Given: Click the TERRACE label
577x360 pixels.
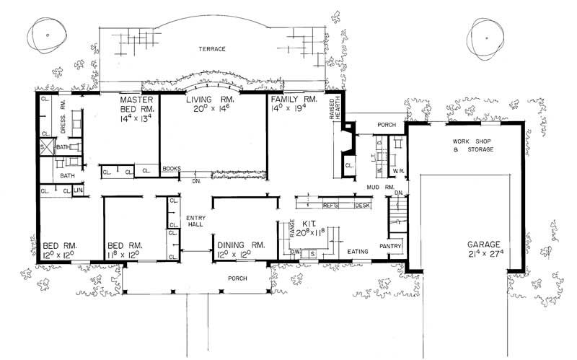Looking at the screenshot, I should (x=214, y=49).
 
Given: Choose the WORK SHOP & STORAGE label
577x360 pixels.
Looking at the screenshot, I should (x=472, y=145).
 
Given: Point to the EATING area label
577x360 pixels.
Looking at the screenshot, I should (x=358, y=251).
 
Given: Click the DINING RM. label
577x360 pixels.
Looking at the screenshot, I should (x=242, y=245).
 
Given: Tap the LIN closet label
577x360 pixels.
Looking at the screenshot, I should (x=78, y=190).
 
